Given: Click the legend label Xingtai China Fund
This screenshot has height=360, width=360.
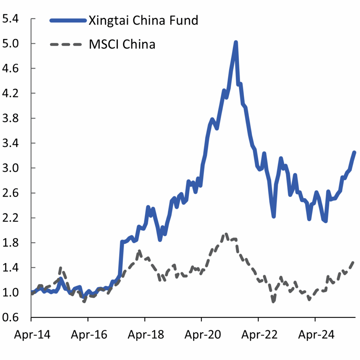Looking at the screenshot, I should click(x=143, y=20).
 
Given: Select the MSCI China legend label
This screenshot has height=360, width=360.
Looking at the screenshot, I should click(x=122, y=45).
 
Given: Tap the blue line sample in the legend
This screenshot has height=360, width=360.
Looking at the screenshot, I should click(x=68, y=20).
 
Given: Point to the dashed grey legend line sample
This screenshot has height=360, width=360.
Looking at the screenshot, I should click(x=68, y=45).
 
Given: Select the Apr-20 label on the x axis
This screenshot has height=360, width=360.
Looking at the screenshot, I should click(x=201, y=334).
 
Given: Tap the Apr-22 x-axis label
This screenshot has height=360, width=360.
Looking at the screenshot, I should click(x=258, y=334).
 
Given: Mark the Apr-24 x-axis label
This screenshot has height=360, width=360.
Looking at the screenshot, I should click(x=315, y=334).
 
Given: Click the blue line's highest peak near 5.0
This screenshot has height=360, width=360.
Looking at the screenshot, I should click(x=236, y=42).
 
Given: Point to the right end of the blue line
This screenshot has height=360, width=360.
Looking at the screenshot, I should click(x=354, y=152).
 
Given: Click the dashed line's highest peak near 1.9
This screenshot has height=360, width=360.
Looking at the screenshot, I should click(x=226, y=234).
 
